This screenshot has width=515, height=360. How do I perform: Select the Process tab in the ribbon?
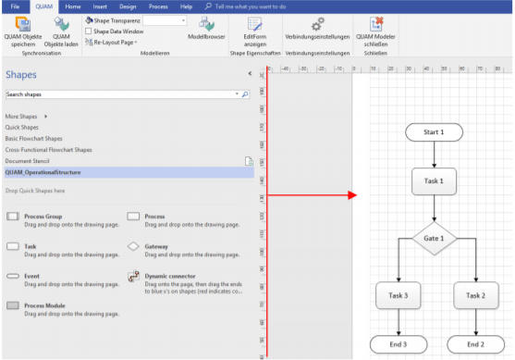point(158,6)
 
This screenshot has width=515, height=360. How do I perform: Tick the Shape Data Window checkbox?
point(89,31)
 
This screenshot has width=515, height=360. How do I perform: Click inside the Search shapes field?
point(120,94)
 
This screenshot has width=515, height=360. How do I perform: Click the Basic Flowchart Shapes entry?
point(42,138)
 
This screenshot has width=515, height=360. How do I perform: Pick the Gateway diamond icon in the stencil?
point(133,248)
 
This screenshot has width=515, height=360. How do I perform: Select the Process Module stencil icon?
point(13,304)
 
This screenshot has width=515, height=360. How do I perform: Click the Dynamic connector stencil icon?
point(133,277)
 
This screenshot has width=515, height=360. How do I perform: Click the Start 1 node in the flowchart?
point(433,132)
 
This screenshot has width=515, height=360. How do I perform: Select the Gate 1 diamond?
point(434,238)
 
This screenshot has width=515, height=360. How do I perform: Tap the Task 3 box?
point(399,295)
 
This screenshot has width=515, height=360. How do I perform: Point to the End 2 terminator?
point(475,344)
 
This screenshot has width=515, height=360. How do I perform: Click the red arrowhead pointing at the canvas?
point(351,195)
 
